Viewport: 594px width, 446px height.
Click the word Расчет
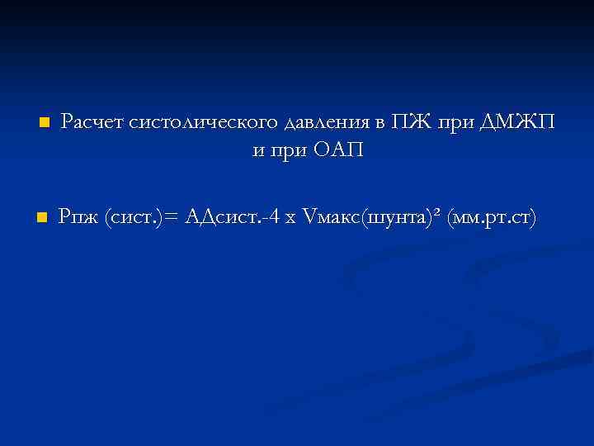92,123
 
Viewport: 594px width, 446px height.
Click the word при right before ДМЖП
455,123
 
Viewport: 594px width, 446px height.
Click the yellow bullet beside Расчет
45,123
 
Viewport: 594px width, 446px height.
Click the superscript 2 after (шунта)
438,213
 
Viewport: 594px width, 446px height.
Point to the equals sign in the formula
172,218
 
